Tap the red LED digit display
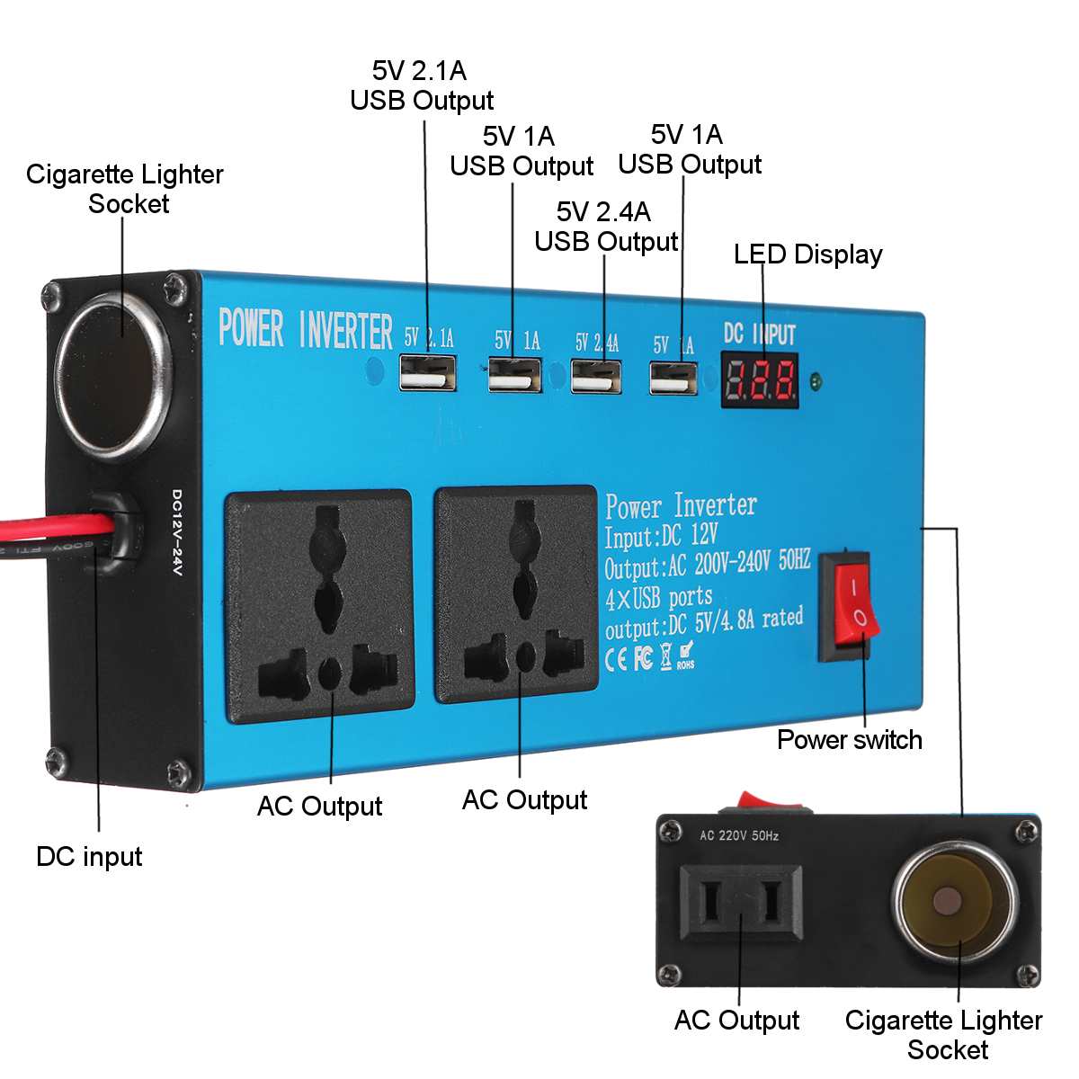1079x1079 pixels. coord(760,379)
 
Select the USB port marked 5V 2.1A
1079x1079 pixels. coord(427,372)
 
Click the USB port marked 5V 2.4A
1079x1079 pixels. coord(596,376)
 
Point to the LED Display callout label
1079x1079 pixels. coord(807,254)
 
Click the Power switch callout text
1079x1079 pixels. coord(849,739)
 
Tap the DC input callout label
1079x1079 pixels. coord(89,856)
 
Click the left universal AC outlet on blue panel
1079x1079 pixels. coord(320,607)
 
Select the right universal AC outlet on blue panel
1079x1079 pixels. coord(516,594)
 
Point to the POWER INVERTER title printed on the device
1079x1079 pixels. coord(306,329)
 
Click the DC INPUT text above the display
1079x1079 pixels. coord(760,334)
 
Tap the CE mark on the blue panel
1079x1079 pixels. coord(616,658)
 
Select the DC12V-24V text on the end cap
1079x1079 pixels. coord(176,532)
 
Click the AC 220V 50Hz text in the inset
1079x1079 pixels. coord(739,836)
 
